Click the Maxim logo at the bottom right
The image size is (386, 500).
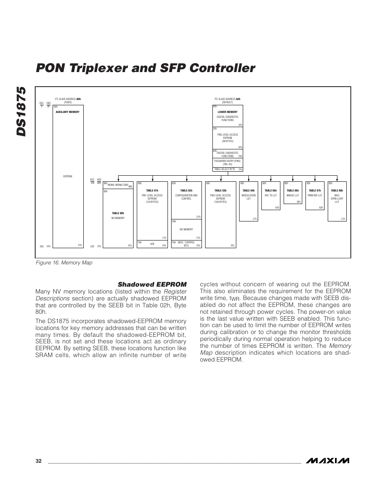(x=327, y=461)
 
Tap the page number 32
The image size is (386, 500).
(x=38, y=461)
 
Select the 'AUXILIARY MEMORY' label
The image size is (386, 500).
(x=68, y=112)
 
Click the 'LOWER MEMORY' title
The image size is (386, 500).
(x=227, y=112)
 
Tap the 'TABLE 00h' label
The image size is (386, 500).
(x=118, y=213)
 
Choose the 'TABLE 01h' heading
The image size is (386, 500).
(x=152, y=190)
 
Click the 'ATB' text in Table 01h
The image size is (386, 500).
(x=152, y=244)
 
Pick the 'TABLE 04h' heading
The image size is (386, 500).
(x=248, y=190)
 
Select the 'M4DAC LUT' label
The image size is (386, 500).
(x=293, y=195)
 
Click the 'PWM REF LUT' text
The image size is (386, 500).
(x=315, y=195)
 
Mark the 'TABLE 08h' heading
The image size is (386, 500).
(x=337, y=190)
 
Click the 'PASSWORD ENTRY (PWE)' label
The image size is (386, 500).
(x=227, y=161)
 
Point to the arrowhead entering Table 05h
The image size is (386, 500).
(x=271, y=180)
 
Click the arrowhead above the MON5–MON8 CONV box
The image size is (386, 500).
(x=118, y=180)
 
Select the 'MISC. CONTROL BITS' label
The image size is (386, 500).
(x=186, y=244)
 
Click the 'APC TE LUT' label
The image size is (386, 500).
(x=271, y=195)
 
